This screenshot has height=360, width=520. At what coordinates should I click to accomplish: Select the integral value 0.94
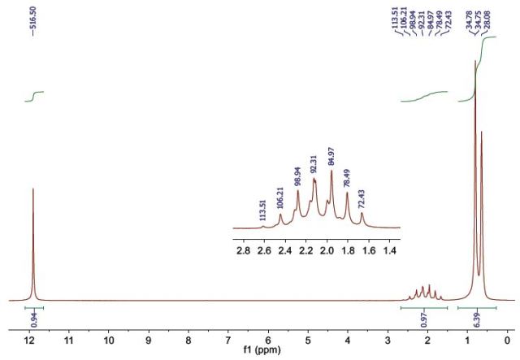(x=33, y=319)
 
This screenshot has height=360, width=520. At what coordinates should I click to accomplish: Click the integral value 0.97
(x=426, y=319)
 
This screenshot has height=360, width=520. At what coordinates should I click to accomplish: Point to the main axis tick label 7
(x=228, y=342)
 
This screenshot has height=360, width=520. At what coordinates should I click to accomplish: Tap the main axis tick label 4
(x=348, y=342)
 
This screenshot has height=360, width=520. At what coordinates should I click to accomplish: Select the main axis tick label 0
(x=507, y=342)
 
